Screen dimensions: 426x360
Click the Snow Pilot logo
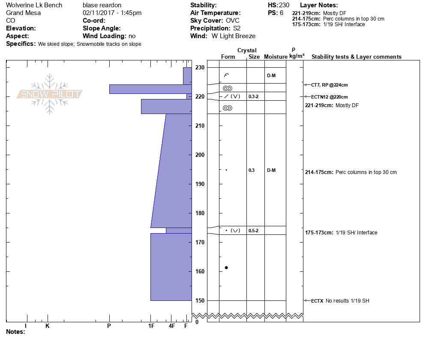(49, 94)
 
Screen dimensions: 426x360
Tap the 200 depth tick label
(200, 155)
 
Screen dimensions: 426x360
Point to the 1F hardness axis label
(151, 326)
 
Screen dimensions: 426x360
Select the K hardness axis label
(47, 326)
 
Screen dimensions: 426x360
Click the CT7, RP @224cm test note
(329, 85)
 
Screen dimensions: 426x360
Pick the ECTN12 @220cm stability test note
(329, 97)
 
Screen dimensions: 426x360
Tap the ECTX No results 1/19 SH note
(340, 301)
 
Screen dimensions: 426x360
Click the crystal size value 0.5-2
(253, 231)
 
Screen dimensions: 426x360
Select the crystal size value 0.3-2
(253, 96)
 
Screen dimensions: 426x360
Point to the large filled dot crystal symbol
(226, 267)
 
